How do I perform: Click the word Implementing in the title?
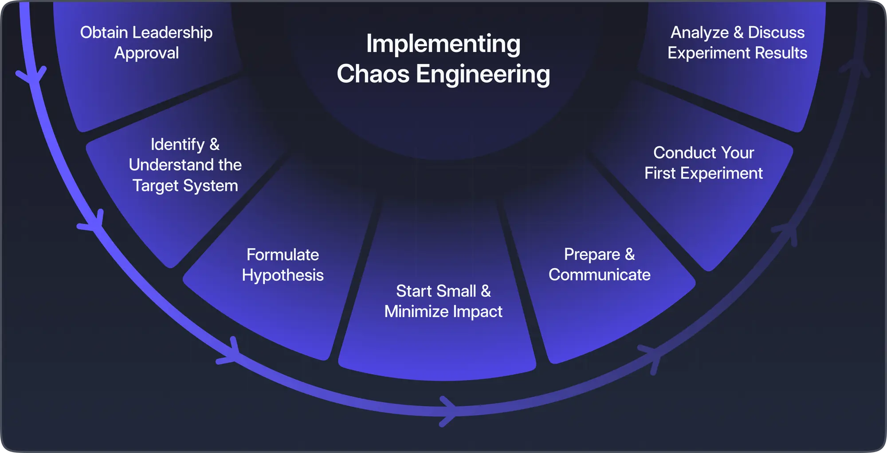pos(443,44)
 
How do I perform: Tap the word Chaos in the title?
pos(373,74)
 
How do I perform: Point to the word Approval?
pos(147,53)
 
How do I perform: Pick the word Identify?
pos(177,145)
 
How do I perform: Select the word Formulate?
pos(283,255)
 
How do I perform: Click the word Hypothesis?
pos(283,275)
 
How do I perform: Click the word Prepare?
pos(592,255)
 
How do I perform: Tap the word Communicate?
pos(600,275)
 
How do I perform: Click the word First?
pos(660,173)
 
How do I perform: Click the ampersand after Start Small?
pos(486,291)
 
